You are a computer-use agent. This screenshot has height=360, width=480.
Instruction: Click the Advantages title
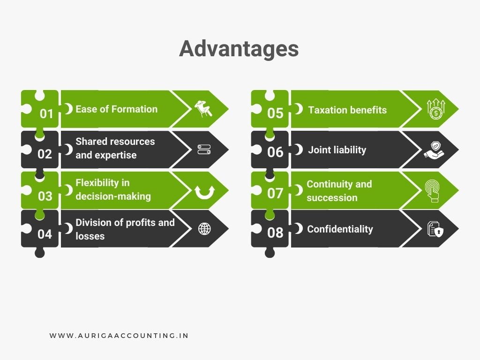point(239,49)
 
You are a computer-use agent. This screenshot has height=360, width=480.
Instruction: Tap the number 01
point(46,113)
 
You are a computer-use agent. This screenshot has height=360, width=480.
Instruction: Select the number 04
point(45,233)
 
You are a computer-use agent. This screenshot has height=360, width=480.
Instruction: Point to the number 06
point(275,152)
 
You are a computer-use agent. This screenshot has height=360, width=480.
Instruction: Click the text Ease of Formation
point(116,109)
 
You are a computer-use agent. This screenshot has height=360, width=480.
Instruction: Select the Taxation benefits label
point(347,110)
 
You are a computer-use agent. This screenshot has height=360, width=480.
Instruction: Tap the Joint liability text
point(337,150)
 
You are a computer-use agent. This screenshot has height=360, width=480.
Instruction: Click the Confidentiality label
point(340,229)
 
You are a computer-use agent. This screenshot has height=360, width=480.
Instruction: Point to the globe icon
point(204,229)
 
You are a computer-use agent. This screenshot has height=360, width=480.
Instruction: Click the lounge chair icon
point(203,109)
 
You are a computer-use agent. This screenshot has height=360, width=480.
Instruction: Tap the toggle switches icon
point(204,150)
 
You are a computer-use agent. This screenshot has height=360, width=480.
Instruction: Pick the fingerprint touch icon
point(432,190)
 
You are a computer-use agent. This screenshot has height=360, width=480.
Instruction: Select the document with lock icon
point(435,229)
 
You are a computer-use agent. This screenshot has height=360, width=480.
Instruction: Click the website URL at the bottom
point(119,336)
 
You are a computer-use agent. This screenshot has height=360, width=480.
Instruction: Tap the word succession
point(332,198)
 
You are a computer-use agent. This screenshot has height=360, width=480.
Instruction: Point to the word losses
point(90,236)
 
